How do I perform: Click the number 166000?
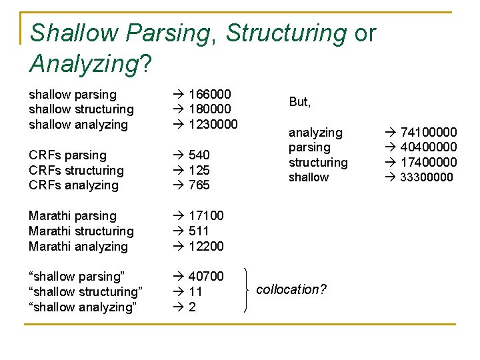pyautogui.click(x=209, y=94)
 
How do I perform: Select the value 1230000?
pyautogui.click(x=213, y=124)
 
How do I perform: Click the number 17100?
pyautogui.click(x=206, y=215)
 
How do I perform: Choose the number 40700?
pyautogui.click(x=206, y=276)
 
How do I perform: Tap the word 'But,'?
pyautogui.click(x=300, y=102)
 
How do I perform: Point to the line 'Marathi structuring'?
pyautogui.click(x=81, y=231)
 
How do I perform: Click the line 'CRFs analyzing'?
pyautogui.click(x=73, y=185)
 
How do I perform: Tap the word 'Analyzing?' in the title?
pyautogui.click(x=91, y=64)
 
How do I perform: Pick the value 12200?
pyautogui.click(x=206, y=246)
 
